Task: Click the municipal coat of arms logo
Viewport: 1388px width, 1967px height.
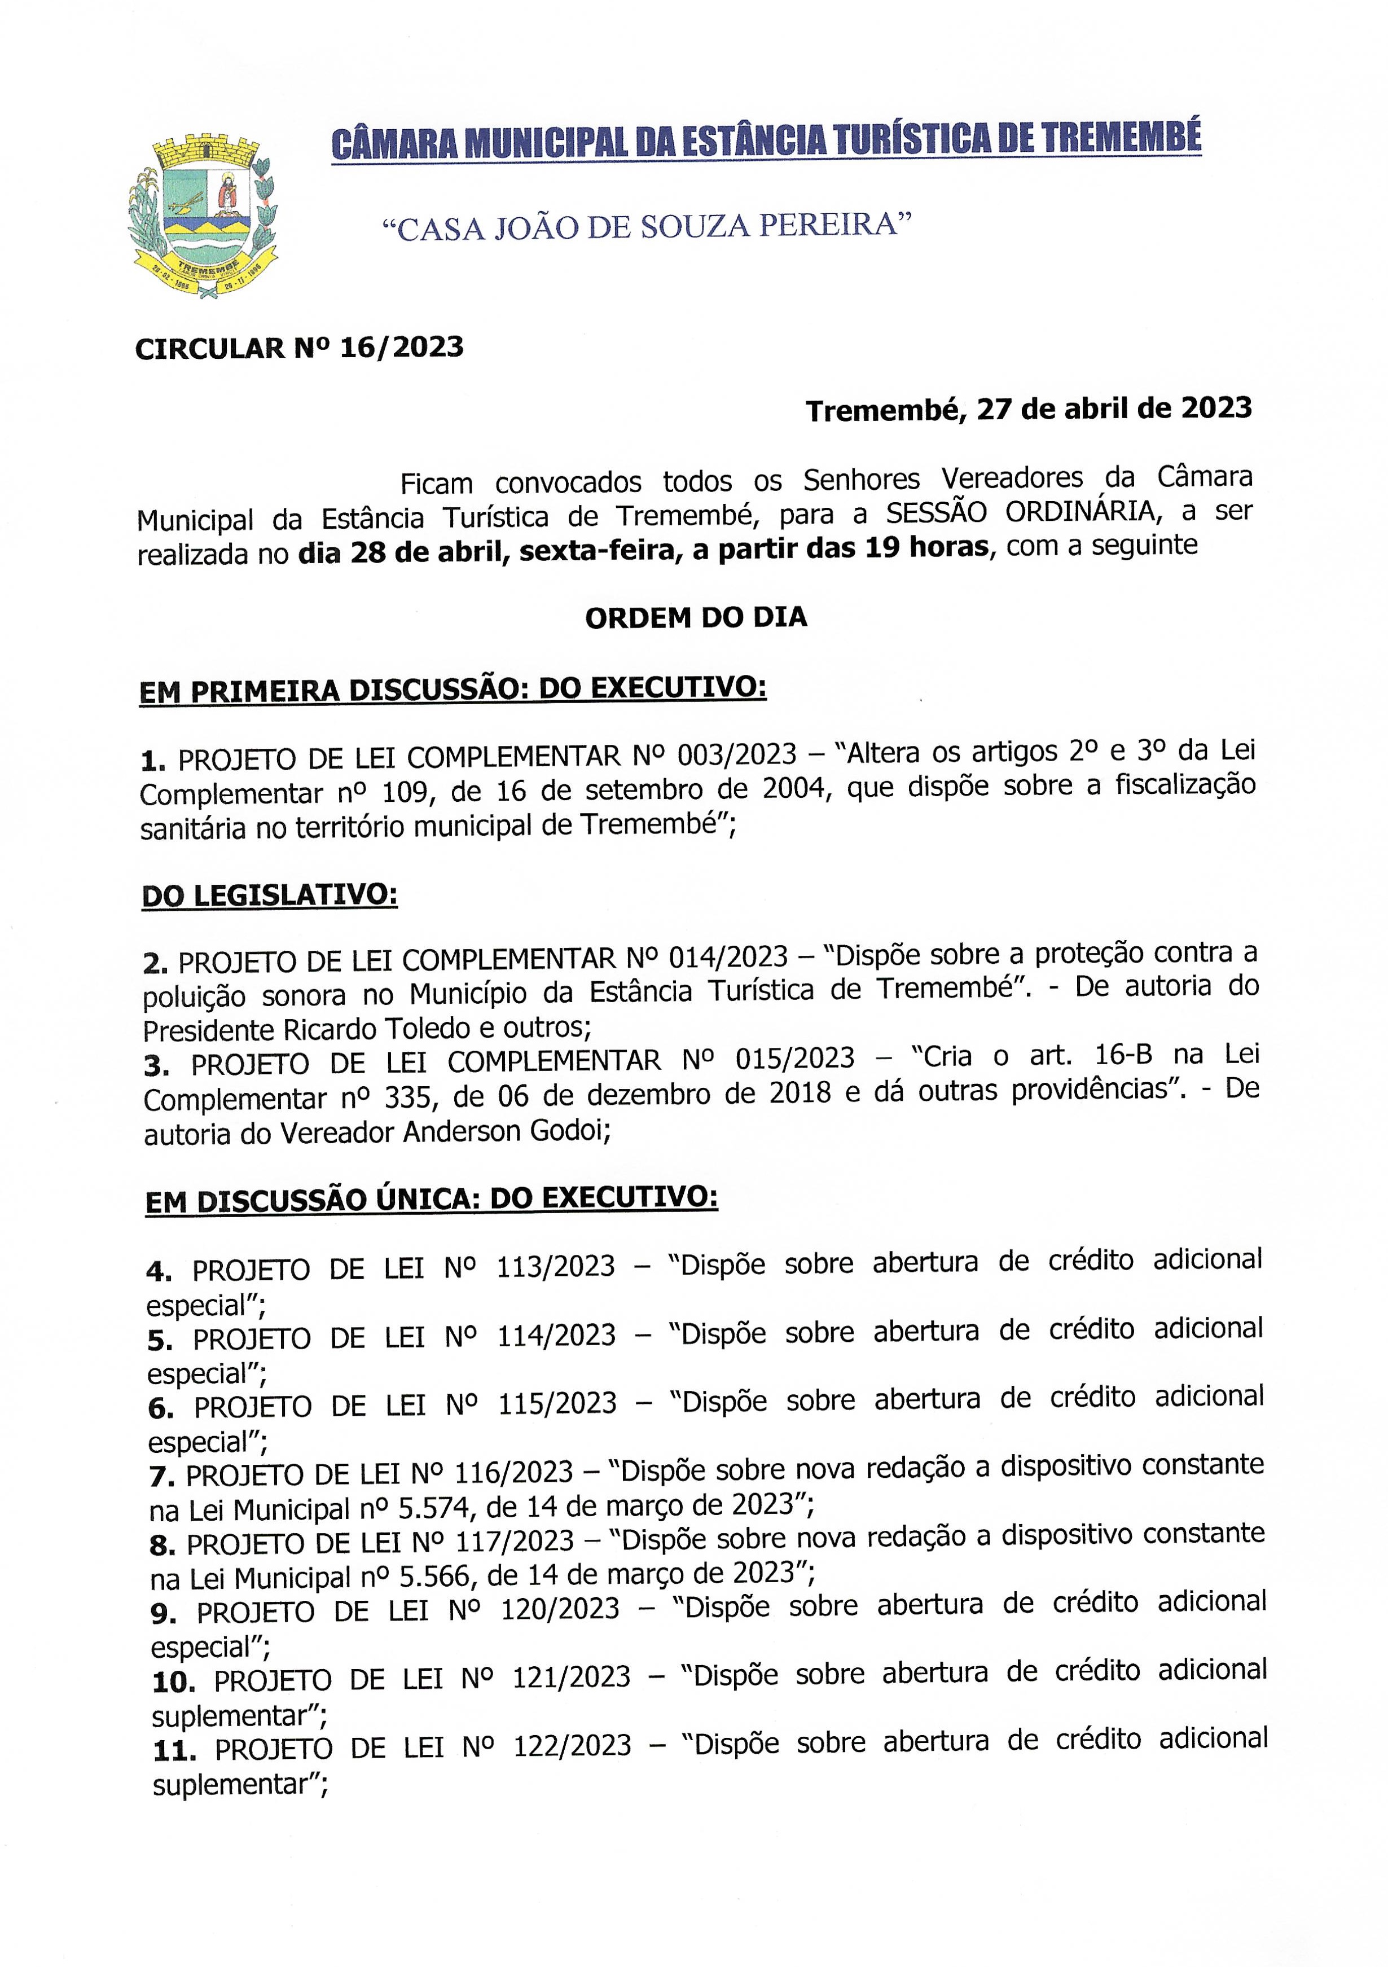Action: (203, 214)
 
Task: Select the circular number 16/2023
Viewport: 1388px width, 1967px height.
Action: (401, 347)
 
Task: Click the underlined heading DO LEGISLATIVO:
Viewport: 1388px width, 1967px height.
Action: (270, 895)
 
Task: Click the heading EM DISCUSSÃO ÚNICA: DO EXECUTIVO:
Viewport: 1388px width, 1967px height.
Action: (432, 1200)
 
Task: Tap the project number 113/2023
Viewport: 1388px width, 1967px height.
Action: (555, 1267)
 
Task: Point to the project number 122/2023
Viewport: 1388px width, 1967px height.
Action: (572, 1746)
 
